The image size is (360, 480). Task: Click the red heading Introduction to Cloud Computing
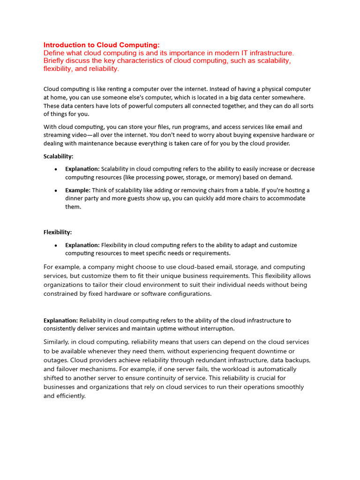[x=102, y=45]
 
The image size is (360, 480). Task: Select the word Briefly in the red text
[x=55, y=61]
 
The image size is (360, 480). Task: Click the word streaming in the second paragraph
[x=57, y=135]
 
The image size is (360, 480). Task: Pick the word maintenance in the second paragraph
[x=90, y=143]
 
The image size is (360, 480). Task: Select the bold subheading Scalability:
[x=59, y=157]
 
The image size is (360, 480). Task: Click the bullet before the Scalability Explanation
[x=56, y=169]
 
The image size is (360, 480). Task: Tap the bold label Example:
[x=78, y=190]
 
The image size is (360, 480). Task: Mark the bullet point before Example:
[x=56, y=191]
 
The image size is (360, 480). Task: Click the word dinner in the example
[x=75, y=198]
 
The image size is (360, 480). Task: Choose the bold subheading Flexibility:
[x=58, y=232]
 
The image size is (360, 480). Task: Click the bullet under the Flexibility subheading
[x=56, y=245]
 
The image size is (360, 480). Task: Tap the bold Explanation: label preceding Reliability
[x=61, y=321]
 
